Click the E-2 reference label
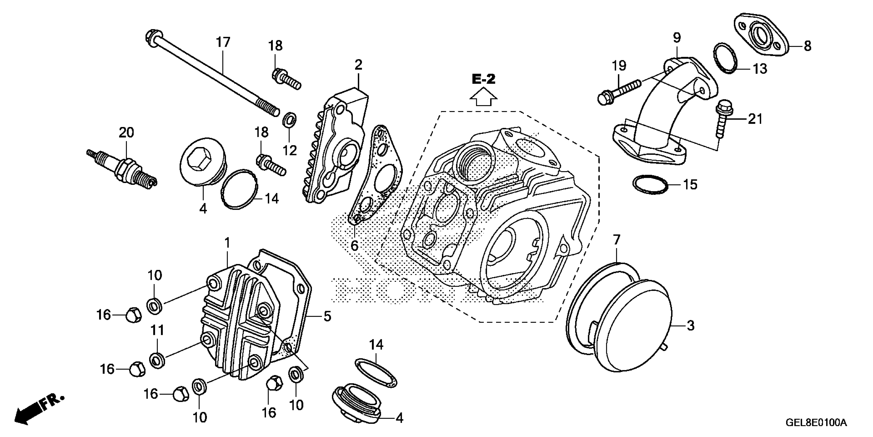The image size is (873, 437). click(483, 79)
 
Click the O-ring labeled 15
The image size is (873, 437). click(650, 185)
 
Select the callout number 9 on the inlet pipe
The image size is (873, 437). click(677, 38)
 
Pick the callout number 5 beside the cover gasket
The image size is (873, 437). click(327, 316)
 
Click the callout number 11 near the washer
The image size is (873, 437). click(157, 330)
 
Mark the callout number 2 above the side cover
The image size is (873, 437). click(358, 65)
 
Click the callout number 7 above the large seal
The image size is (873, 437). click(616, 240)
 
